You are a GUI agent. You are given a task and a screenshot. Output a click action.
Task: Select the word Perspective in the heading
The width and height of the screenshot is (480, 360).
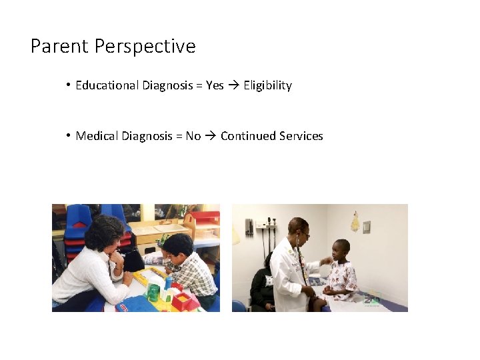pyautogui.click(x=145, y=47)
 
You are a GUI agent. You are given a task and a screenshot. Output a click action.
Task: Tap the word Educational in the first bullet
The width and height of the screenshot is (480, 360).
pyautogui.click(x=107, y=85)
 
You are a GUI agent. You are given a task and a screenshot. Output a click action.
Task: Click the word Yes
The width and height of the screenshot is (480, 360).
pyautogui.click(x=215, y=85)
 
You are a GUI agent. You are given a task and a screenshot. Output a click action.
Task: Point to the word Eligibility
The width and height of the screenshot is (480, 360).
pyautogui.click(x=267, y=85)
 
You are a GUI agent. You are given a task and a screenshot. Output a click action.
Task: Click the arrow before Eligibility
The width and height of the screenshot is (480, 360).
pyautogui.click(x=233, y=85)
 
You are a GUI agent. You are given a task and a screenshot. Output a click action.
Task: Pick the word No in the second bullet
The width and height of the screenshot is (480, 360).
pyautogui.click(x=193, y=136)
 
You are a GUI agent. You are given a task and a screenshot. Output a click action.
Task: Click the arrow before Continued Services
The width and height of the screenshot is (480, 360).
pyautogui.click(x=211, y=136)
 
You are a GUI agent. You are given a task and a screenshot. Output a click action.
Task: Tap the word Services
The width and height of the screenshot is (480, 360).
pyautogui.click(x=301, y=136)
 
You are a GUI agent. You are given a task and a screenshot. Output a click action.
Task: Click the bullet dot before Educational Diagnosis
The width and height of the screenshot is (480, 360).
pyautogui.click(x=69, y=85)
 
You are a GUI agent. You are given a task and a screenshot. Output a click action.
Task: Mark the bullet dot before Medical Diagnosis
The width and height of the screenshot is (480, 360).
pyautogui.click(x=69, y=136)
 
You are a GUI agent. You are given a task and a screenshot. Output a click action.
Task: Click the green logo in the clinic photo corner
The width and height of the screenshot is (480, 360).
pyautogui.click(x=371, y=299)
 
